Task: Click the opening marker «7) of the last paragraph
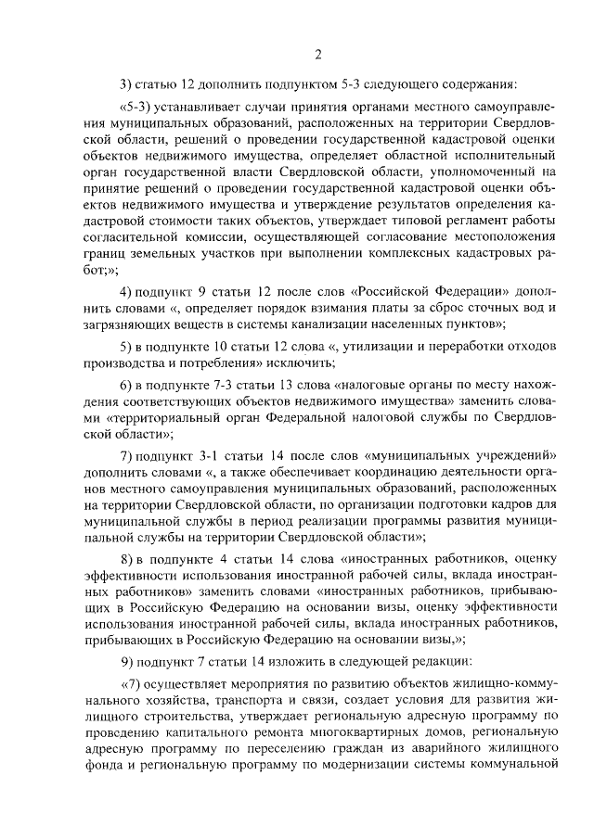pos(135,683)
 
